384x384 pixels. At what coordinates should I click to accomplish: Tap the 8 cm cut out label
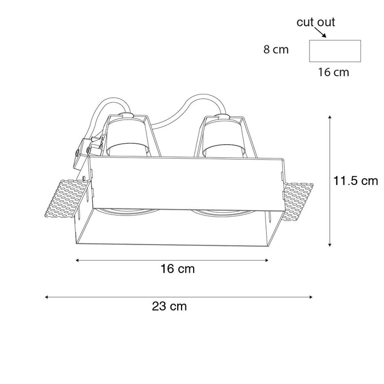click(276, 50)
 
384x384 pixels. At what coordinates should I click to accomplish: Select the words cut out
click(315, 22)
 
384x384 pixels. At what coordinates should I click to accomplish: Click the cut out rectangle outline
click(335, 51)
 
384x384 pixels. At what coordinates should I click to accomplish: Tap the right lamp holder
click(224, 137)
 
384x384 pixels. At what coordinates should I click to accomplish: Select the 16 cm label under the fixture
click(177, 269)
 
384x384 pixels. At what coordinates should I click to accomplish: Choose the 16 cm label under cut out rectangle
click(334, 72)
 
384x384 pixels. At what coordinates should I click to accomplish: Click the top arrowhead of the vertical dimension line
click(330, 117)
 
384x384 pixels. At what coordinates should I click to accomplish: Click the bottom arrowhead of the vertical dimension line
click(330, 244)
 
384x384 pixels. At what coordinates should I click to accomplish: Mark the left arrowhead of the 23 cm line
click(47, 297)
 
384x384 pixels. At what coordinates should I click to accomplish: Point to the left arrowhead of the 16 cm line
click(77, 260)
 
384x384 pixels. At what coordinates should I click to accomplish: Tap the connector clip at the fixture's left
click(88, 147)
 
